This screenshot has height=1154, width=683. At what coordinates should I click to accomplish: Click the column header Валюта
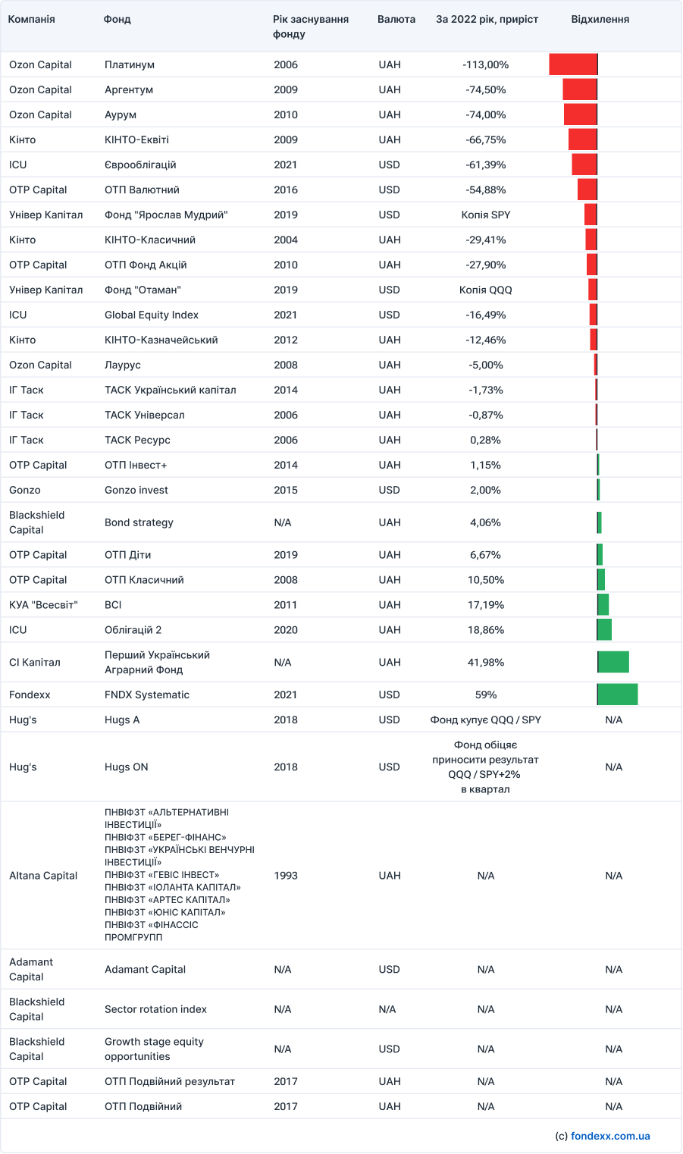396,20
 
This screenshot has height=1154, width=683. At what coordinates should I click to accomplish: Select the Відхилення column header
600,20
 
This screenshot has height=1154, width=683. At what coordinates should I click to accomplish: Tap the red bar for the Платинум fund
573,64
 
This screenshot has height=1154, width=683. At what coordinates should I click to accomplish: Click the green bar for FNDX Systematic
617,695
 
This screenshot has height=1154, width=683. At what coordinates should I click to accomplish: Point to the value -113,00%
485,64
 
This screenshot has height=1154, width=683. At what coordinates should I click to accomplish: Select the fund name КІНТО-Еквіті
136,140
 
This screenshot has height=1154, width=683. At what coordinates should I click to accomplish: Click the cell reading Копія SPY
485,215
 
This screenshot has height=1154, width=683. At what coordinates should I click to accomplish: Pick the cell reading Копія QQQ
485,290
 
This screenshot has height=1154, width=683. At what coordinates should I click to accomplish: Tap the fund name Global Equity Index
152,315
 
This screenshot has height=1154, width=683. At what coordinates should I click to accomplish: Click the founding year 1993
286,875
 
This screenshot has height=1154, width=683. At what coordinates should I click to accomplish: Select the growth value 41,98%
485,662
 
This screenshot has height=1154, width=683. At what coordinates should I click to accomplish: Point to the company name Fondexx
30,695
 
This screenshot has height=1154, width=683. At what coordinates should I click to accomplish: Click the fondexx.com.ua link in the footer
610,1136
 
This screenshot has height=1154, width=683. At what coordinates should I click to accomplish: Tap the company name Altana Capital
43,875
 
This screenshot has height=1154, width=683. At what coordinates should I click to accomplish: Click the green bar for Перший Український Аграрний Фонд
613,662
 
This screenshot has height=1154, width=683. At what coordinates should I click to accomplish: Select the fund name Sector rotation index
155,1009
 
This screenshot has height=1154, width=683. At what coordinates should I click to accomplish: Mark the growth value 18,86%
485,629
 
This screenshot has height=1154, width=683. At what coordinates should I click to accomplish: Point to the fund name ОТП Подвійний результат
170,1081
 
